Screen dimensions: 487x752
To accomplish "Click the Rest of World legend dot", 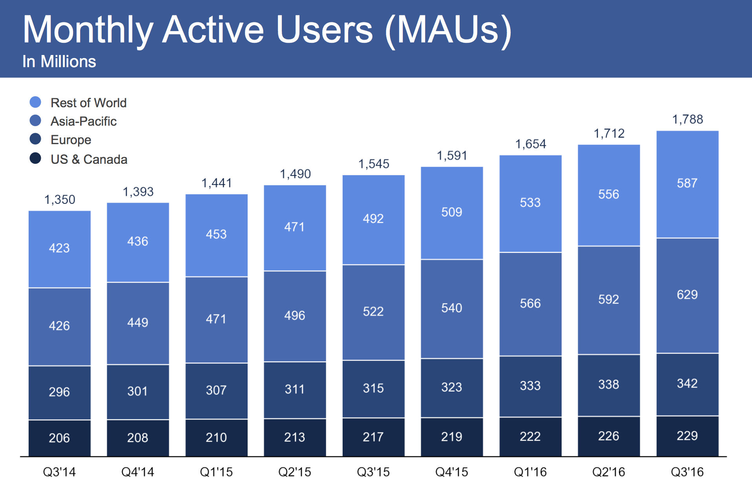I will (35, 102).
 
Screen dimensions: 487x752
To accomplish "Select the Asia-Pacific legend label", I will (84, 121).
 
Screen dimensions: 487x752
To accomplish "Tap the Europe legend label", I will (71, 140).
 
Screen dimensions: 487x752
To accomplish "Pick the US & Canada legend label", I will (89, 159).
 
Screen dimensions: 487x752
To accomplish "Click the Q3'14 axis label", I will (59, 472).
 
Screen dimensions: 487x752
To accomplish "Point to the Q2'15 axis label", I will (294, 472).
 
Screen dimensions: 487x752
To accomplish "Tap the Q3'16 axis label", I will (687, 472).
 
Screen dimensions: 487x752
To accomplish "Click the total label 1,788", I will (687, 119).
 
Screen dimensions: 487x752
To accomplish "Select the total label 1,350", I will (60, 200).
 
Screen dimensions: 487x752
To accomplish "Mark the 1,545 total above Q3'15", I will (374, 164).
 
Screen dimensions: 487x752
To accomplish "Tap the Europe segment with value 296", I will (59, 392).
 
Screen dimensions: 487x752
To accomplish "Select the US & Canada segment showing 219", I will (452, 437).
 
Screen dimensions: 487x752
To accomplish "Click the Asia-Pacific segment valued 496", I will (295, 316).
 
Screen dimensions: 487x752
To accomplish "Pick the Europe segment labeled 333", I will (530, 386).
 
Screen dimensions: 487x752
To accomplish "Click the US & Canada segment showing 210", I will (216, 438).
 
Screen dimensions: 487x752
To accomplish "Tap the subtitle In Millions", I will (59, 62).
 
